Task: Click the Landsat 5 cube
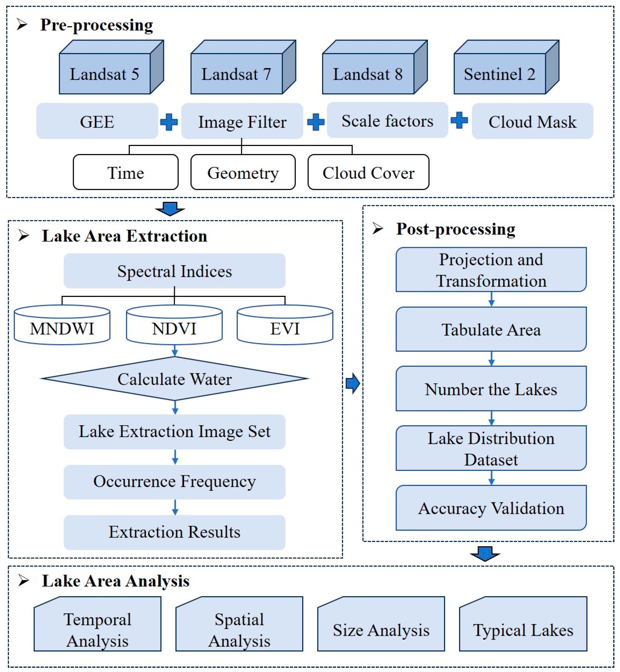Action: [105, 74]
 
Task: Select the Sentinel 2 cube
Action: [500, 74]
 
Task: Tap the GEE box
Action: [97, 121]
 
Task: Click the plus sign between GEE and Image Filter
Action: [169, 122]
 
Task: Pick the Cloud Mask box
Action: [532, 121]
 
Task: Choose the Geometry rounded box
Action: [243, 172]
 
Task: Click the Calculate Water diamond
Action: [174, 379]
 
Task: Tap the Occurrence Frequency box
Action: [174, 481]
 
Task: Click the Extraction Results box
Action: [174, 532]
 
